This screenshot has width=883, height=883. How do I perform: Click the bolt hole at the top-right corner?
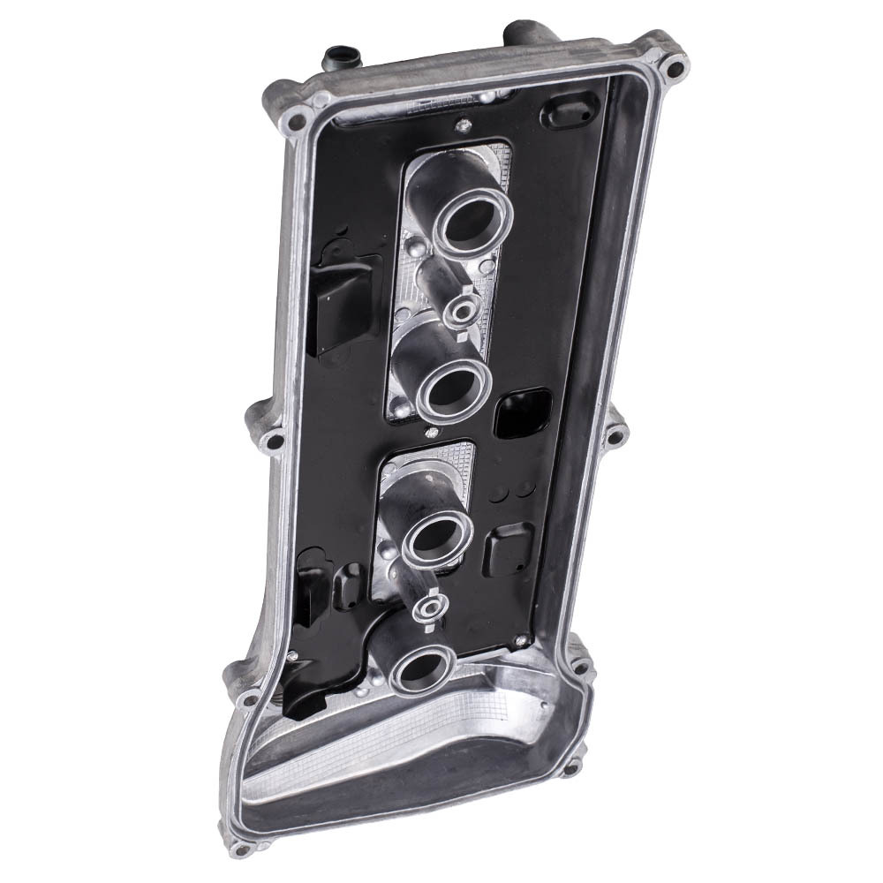675,67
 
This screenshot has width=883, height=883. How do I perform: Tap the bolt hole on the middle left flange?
275,440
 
